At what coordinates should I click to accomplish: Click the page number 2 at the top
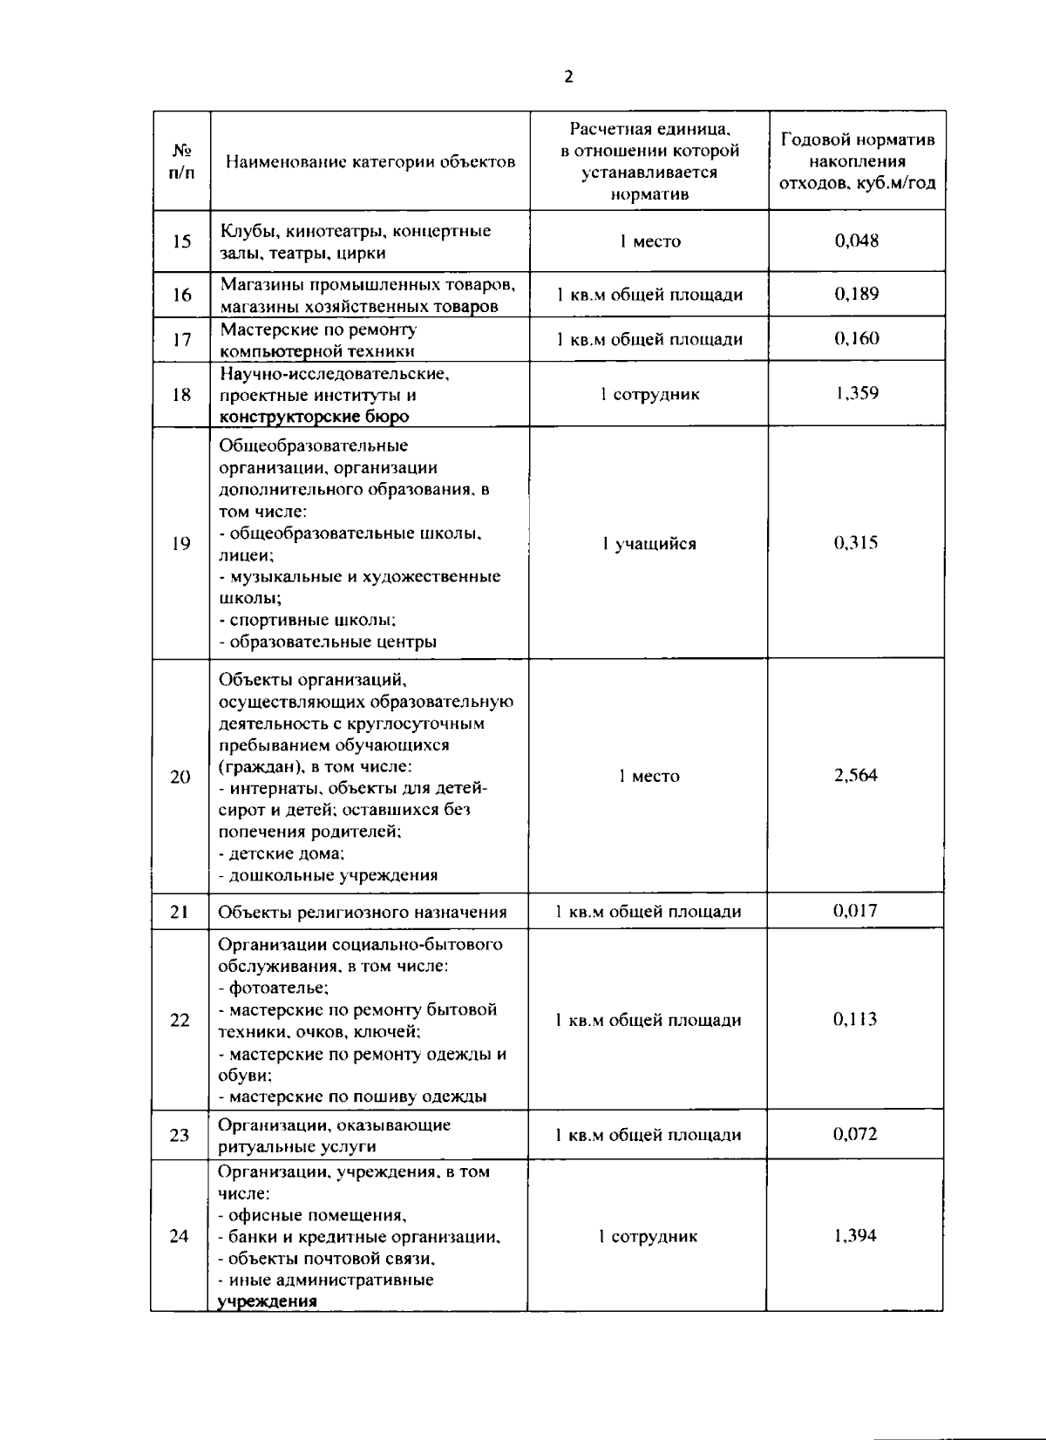[x=568, y=77]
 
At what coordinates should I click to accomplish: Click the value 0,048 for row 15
[x=856, y=241]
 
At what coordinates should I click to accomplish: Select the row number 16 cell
[x=181, y=295]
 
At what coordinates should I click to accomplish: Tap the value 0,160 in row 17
[x=856, y=338]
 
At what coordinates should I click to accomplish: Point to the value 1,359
[x=856, y=393]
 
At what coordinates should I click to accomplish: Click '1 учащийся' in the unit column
[x=649, y=544]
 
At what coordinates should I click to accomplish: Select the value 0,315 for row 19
[x=856, y=543]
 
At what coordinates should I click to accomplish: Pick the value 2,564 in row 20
[x=856, y=776]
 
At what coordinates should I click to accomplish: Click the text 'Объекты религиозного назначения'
[x=363, y=913]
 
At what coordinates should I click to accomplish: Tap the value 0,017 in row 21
[x=856, y=911]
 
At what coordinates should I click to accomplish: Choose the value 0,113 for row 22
[x=856, y=1019]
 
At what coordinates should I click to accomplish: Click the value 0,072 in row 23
[x=856, y=1134]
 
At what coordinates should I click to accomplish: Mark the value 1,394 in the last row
[x=856, y=1235]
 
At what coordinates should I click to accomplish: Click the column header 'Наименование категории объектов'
[x=370, y=161]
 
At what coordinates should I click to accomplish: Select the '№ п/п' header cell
[x=181, y=161]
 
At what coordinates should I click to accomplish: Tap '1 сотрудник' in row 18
[x=649, y=394]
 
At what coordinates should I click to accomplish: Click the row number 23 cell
[x=180, y=1135]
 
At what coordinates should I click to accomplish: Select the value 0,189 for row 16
[x=856, y=294]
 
